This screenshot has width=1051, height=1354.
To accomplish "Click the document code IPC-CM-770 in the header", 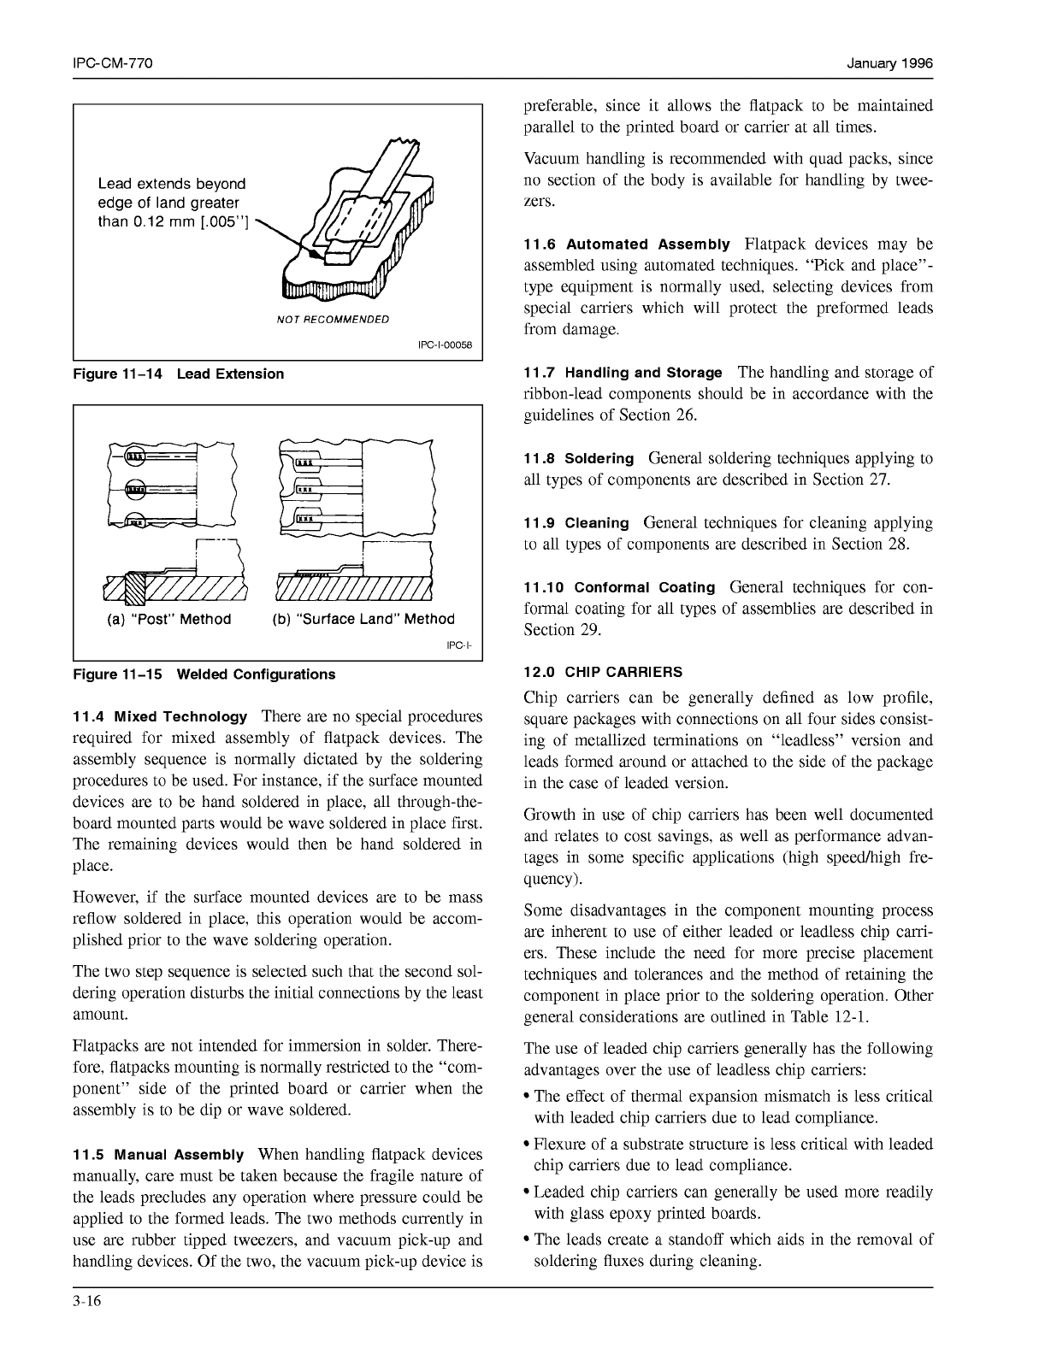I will tap(113, 64).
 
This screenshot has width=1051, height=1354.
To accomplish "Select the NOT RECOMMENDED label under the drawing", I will tap(333, 319).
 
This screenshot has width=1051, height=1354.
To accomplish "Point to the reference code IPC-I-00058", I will tap(444, 346).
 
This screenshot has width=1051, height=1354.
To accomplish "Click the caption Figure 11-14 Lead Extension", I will tap(179, 374).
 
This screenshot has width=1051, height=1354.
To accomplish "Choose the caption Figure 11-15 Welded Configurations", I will tap(204, 674).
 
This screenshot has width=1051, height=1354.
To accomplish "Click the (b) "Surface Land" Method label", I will tap(363, 619).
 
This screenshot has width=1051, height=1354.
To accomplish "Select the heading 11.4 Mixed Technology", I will tap(161, 716).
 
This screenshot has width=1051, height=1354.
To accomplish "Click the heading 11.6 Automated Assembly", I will tap(627, 244).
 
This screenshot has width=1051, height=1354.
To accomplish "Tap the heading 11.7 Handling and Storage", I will tap(623, 373).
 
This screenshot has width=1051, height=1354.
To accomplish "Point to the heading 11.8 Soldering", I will tap(579, 458).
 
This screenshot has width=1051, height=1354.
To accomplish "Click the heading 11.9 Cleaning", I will tap(576, 522).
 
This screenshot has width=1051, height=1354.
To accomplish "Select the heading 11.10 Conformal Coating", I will tap(619, 587).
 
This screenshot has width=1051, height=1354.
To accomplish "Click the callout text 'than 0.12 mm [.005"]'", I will tap(173, 222).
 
